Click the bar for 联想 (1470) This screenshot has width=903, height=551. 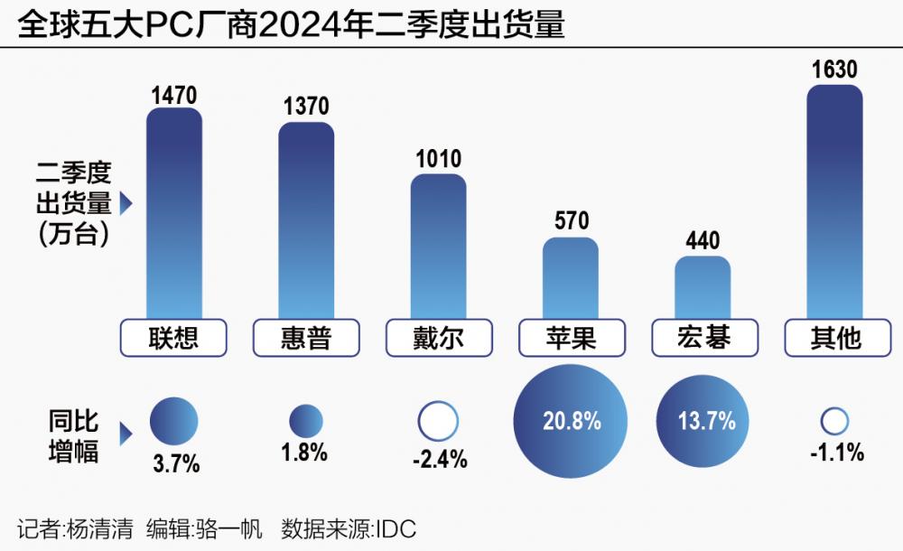tap(173, 212)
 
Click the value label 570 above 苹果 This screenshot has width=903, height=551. tap(571, 221)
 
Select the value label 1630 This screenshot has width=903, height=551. tap(834, 70)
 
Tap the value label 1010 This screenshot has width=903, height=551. tap(438, 160)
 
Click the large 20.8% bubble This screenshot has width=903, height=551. tap(570, 421)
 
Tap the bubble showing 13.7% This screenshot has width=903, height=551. tap(703, 421)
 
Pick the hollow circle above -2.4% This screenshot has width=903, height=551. tap(438, 421)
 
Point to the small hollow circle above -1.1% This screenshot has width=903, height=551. tap(834, 421)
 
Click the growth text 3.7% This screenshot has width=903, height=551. tap(173, 465)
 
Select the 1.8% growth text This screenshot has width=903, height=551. tap(306, 453)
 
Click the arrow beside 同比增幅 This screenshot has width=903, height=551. tap(126, 434)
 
